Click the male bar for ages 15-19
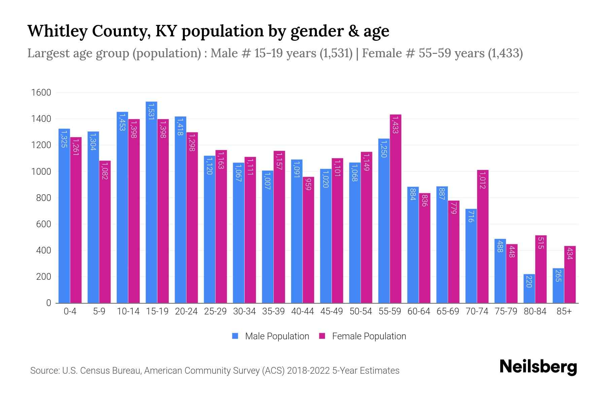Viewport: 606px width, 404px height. (x=151, y=202)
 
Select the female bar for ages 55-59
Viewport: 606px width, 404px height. (x=396, y=209)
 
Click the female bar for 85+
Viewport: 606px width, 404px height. (x=570, y=274)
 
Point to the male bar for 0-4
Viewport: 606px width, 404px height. (x=64, y=215)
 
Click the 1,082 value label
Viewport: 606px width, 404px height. (x=105, y=171)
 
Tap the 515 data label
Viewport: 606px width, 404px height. (x=541, y=243)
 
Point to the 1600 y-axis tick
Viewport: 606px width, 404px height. (x=41, y=93)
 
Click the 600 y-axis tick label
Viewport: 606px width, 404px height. (x=43, y=224)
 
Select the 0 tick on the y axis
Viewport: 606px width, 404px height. (x=49, y=303)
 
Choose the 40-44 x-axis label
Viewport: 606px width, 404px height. (x=302, y=311)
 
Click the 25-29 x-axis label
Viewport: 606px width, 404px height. (x=215, y=311)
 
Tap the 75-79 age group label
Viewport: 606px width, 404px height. (x=506, y=311)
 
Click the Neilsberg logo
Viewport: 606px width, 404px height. (x=538, y=367)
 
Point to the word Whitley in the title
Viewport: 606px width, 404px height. (x=57, y=31)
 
